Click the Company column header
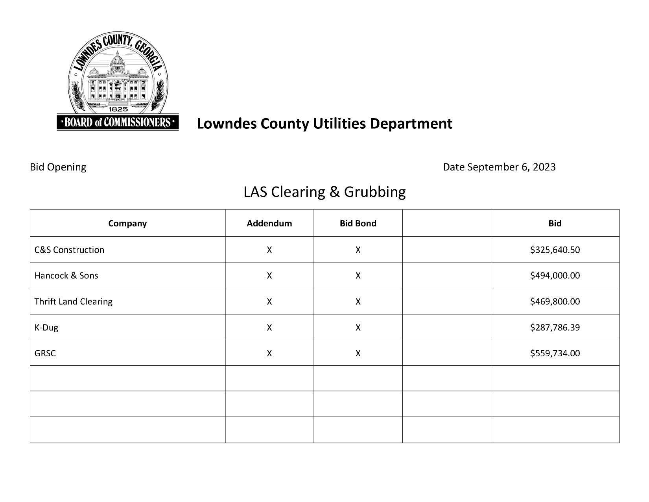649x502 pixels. point(127,223)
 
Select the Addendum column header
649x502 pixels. point(269,223)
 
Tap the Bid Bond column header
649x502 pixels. point(358,223)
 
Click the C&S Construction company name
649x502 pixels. point(69,250)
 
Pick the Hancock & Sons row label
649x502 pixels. point(66,275)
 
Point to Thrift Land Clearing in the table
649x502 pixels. point(73,301)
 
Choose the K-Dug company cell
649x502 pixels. point(46,327)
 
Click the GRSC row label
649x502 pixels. point(45,353)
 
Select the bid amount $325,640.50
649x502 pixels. point(555,250)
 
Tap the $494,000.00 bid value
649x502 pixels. point(555,275)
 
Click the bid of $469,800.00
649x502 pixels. point(555,301)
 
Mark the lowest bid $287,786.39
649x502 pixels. point(555,327)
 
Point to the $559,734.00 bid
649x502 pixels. point(555,353)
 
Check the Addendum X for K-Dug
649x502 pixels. point(269,327)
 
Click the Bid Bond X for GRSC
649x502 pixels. point(358,353)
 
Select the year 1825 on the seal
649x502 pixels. point(118,109)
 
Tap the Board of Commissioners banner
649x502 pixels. point(118,122)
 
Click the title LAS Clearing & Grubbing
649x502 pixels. point(324,192)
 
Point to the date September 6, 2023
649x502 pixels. point(511,167)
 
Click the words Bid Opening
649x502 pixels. point(58,167)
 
